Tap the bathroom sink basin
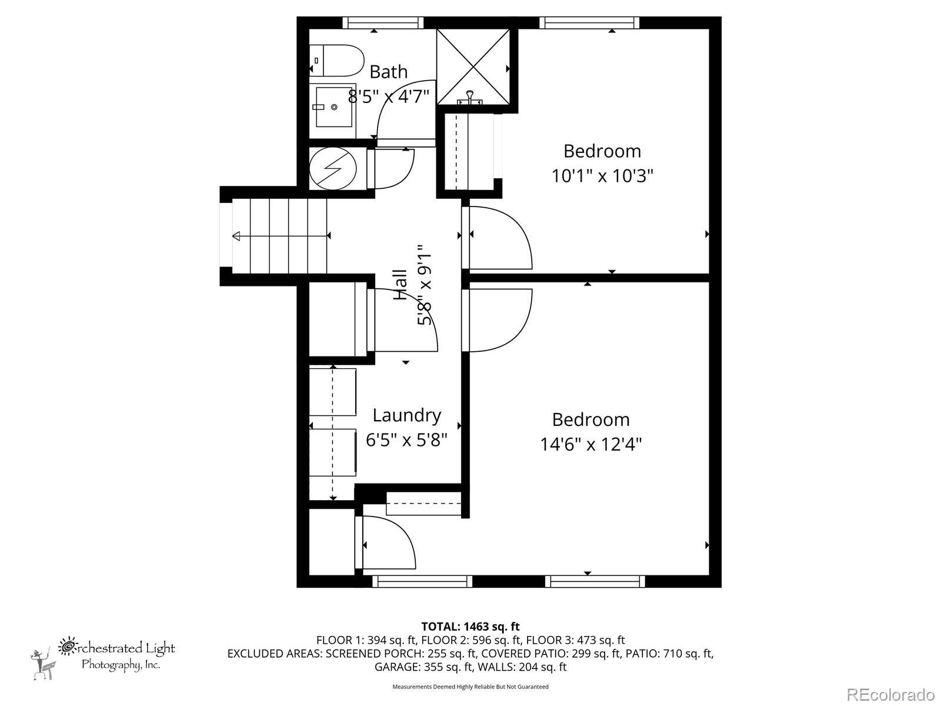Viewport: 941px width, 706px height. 334,106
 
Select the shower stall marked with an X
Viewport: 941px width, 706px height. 473,66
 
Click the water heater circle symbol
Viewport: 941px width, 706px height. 333,168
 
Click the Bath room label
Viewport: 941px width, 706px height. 388,72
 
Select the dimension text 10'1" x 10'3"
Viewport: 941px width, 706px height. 602,176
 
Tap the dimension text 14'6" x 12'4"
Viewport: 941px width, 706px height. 590,444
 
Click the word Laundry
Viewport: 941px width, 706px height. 406,416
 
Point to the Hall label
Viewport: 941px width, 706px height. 400,284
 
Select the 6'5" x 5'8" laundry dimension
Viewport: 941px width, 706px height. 406,440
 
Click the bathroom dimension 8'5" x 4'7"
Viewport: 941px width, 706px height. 388,96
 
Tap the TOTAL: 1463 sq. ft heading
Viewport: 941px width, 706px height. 470,627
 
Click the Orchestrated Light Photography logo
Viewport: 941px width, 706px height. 103,658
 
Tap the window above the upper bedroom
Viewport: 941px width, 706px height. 589,22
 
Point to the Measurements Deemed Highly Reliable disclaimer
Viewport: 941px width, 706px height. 470,687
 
